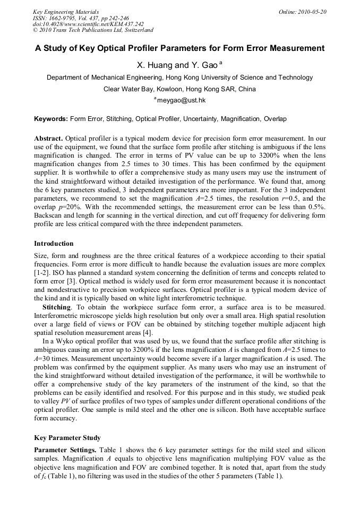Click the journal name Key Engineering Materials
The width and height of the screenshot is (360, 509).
[66, 12]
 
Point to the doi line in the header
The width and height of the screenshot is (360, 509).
[88, 24]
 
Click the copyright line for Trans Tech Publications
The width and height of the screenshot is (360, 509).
[93, 30]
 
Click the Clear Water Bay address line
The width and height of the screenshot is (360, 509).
[179, 89]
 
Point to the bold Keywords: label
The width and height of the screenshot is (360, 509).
[51, 119]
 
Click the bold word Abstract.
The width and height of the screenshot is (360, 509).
[49, 138]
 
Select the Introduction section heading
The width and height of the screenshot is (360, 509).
[54, 244]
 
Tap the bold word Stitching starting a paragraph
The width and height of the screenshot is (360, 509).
[56, 307]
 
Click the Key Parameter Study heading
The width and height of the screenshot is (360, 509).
[67, 438]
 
